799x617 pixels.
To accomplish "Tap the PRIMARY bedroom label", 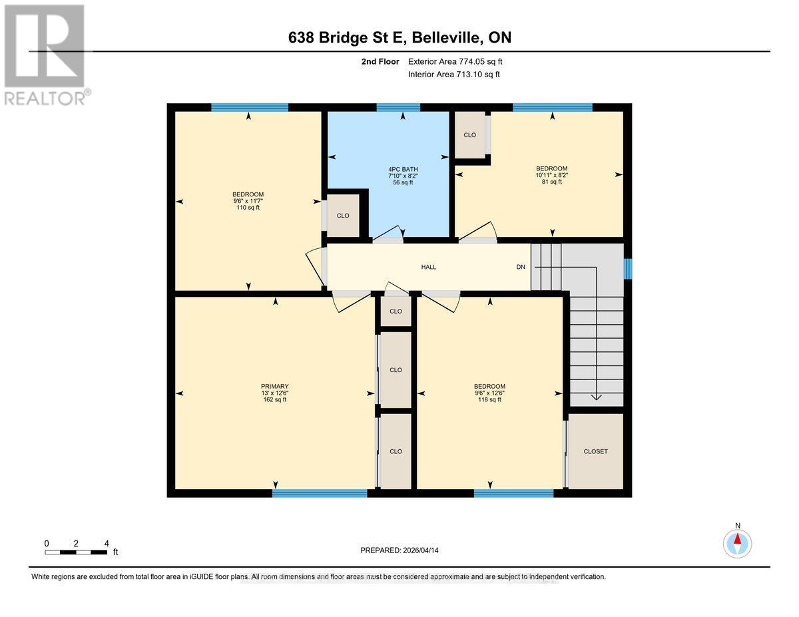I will [275, 386].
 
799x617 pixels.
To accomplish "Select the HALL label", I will [429, 267].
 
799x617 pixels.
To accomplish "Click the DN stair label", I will [521, 267].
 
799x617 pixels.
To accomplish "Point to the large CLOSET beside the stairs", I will [595, 451].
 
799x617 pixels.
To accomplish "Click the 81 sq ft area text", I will [552, 182].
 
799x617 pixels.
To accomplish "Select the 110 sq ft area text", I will [248, 208].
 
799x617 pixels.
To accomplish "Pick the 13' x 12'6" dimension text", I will [275, 393].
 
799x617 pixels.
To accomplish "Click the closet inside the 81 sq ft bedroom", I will [470, 135].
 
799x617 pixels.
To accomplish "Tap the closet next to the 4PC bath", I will [343, 216].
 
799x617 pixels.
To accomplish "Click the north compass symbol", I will [737, 542].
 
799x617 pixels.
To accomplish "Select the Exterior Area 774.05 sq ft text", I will [455, 61].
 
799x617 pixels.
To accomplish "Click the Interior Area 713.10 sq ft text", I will [454, 75].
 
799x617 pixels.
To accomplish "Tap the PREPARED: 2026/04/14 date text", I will [400, 550].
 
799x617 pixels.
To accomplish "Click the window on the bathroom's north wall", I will [398, 107].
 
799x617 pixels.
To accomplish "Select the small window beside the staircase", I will [627, 268].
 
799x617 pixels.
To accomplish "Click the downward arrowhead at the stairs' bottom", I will [596, 397].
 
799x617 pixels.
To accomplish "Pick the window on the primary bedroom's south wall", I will [320, 493].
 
